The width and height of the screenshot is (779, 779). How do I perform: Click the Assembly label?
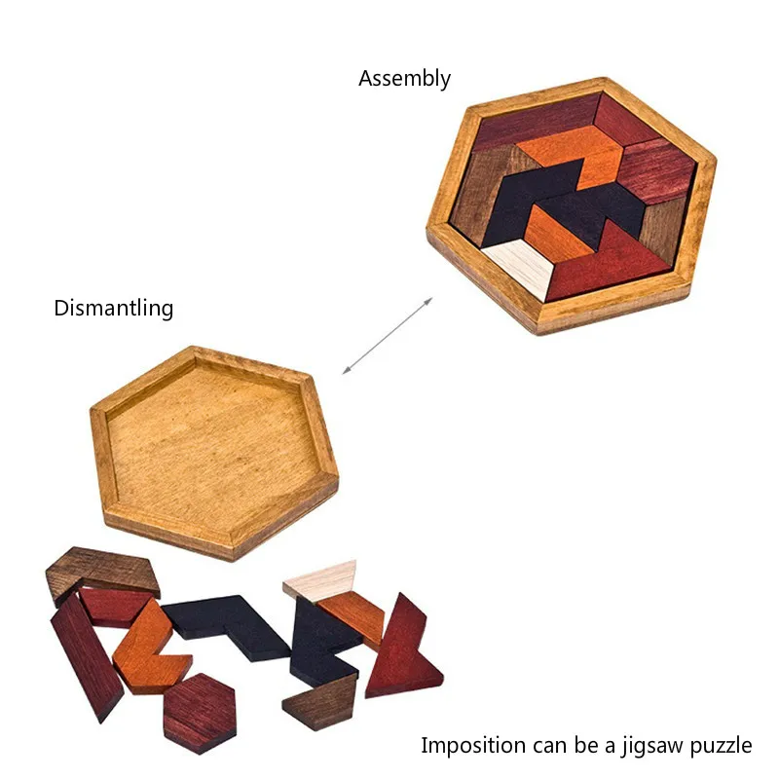point(404,79)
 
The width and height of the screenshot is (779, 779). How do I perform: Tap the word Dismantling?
point(114,309)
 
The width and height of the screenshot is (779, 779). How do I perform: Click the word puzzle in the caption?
point(721,746)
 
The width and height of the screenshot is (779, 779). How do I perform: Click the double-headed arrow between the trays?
point(387,336)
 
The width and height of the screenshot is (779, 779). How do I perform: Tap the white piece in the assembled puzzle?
point(515,264)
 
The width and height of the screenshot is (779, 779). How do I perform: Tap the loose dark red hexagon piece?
point(200,712)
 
